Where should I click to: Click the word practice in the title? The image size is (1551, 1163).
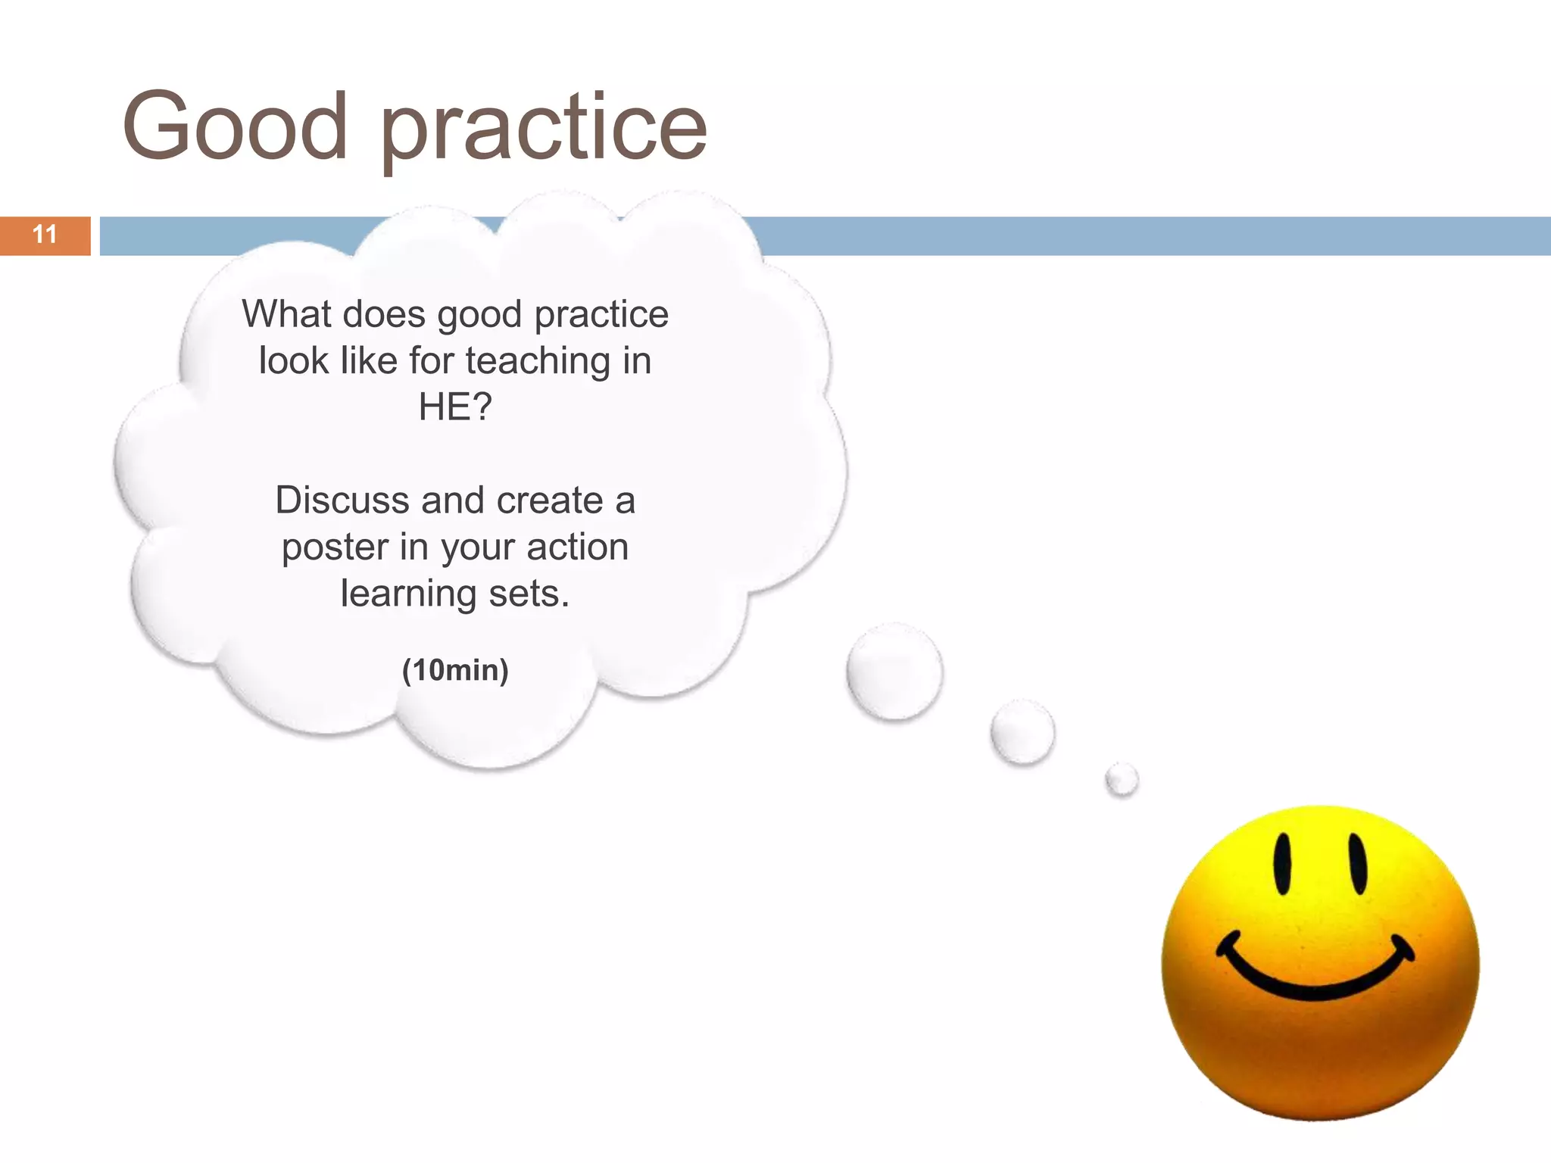click(543, 129)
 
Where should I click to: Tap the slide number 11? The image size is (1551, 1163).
click(45, 235)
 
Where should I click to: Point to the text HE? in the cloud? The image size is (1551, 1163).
click(455, 407)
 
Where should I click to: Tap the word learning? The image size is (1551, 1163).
click(407, 594)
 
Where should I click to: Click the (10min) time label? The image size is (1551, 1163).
click(455, 670)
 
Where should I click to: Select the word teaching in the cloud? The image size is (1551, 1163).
click(538, 360)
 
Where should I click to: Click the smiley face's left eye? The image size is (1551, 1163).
click(1282, 864)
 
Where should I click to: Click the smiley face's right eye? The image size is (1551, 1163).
click(1358, 864)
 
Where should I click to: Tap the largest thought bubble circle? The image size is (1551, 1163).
click(894, 672)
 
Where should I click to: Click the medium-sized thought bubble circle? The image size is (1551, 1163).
click(1022, 732)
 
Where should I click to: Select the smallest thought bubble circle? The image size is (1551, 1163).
click(1122, 779)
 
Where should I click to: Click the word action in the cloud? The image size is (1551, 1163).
click(577, 547)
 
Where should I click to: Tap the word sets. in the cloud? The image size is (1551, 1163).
click(529, 594)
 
